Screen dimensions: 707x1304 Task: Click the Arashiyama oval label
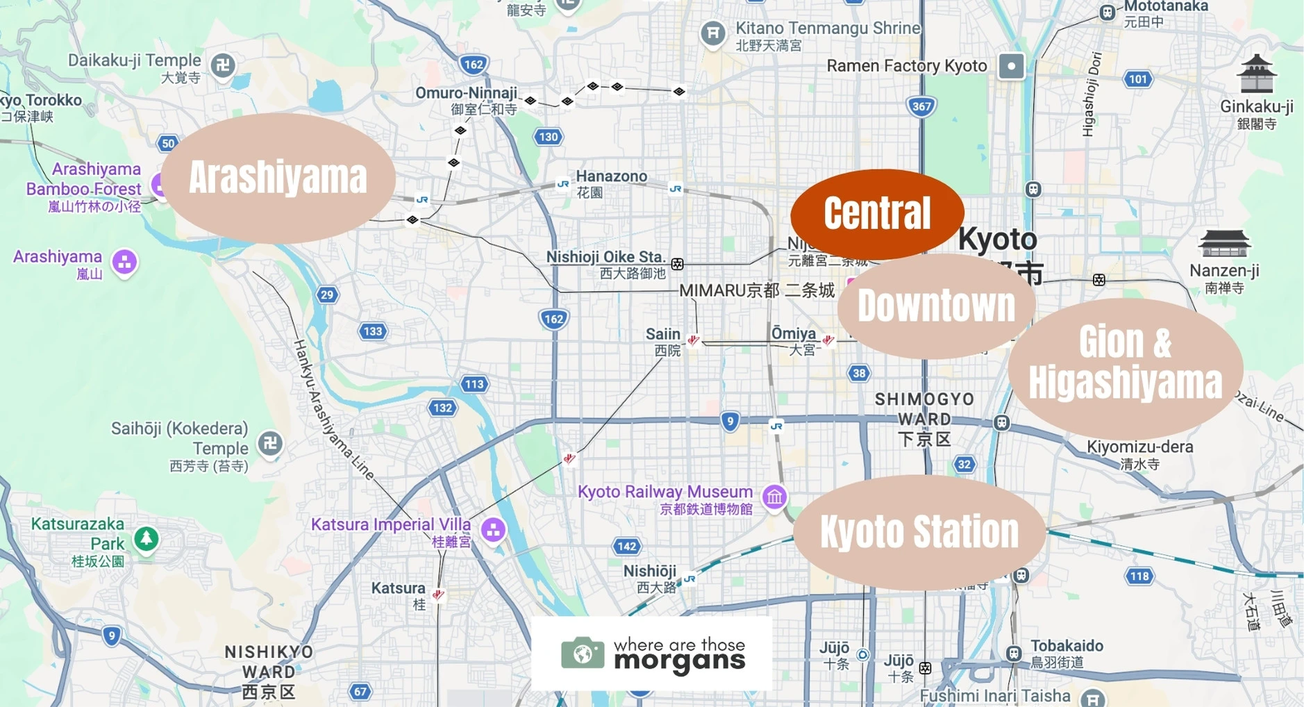278,178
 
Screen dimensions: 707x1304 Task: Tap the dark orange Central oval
877,213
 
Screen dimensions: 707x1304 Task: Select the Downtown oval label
936,306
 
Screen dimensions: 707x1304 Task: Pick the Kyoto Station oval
919,532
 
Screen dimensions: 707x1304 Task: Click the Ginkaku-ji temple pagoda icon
1257,74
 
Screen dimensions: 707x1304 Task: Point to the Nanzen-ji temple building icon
1224,244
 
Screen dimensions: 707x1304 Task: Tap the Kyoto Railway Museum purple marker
774,497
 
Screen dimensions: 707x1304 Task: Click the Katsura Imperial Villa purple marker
493,531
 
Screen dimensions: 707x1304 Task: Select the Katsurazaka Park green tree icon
146,538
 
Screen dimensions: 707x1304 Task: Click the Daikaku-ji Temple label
134,60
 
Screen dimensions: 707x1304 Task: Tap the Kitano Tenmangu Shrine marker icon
712,33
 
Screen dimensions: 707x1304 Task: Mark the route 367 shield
921,106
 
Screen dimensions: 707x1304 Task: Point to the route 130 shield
548,137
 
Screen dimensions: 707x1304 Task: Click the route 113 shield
474,384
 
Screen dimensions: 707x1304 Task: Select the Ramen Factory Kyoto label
906,66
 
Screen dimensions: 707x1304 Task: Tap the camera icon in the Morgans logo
583,654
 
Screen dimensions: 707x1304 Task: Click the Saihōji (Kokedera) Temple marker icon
270,443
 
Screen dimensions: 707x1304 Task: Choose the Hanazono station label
611,176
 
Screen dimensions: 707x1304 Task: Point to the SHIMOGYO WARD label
923,409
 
